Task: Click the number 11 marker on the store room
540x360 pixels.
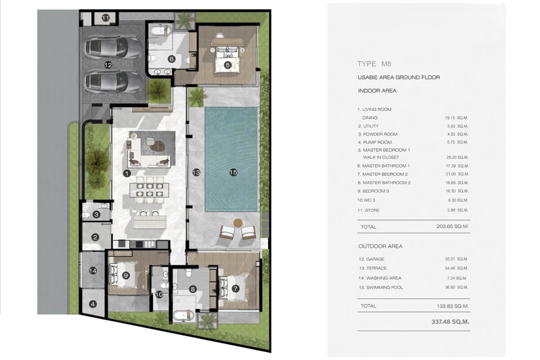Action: click(106, 18)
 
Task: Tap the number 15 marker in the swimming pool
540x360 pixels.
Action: click(234, 172)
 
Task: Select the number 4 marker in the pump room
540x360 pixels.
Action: click(93, 304)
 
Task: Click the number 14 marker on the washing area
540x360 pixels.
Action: click(93, 271)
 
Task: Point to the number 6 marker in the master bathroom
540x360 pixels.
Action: click(171, 59)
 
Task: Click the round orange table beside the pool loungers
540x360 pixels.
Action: click(238, 223)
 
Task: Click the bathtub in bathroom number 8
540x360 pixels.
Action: click(184, 315)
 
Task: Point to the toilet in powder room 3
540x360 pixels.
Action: click(85, 215)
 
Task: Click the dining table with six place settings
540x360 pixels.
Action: click(149, 190)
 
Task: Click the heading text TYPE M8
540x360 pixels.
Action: click(374, 64)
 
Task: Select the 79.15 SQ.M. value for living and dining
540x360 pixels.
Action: click(456, 117)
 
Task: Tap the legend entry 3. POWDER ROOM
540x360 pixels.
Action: click(378, 134)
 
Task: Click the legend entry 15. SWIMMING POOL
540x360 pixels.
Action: click(381, 288)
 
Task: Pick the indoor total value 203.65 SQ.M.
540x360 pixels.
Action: click(453, 226)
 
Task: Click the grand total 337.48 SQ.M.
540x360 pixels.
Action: click(450, 322)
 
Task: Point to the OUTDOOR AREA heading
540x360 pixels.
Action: click(380, 246)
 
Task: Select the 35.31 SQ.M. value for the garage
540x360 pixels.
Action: click(456, 259)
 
